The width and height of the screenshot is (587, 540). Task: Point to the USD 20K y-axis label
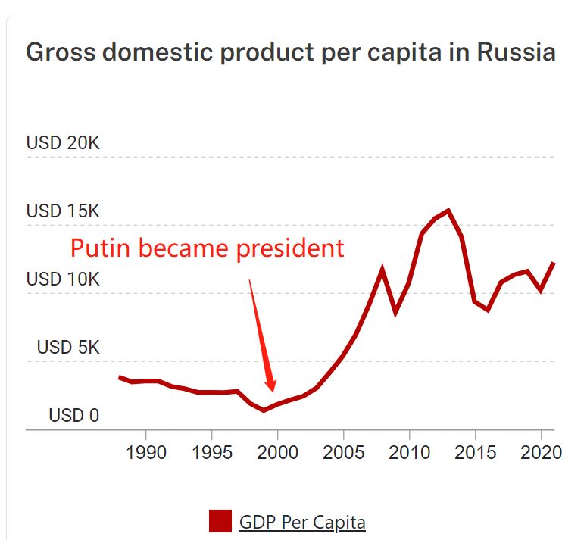[63, 142]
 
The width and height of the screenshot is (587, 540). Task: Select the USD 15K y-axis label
[63, 211]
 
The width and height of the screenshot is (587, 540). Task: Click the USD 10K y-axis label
[63, 279]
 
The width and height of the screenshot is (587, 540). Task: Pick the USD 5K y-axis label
[68, 347]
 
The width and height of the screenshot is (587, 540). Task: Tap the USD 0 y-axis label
[74, 415]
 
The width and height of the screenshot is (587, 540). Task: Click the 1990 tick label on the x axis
[145, 453]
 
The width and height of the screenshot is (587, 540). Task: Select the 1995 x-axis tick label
[211, 453]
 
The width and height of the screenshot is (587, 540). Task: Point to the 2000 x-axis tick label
[277, 453]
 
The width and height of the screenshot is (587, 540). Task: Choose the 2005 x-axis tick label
[344, 453]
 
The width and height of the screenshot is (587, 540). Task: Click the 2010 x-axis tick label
[410, 453]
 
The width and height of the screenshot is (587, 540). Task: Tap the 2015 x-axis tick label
[476, 453]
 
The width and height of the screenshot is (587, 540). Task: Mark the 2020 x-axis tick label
[541, 453]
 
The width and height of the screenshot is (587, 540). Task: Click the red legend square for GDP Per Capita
[220, 521]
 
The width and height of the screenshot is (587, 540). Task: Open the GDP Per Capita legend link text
[302, 522]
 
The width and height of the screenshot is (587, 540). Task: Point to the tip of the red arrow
[273, 391]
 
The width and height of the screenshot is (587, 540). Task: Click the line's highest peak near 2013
[448, 211]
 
